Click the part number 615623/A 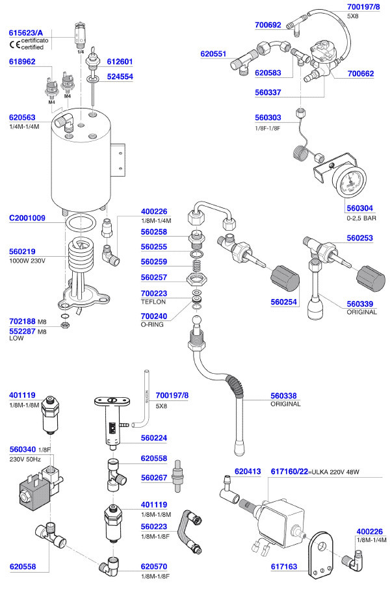point(26,32)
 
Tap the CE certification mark point(13,45)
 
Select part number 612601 point(120,62)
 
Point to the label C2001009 point(27,218)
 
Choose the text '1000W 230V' point(27,261)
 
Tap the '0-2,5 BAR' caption point(361,218)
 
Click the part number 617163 point(284,567)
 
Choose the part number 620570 point(154,567)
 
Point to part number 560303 point(268,118)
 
